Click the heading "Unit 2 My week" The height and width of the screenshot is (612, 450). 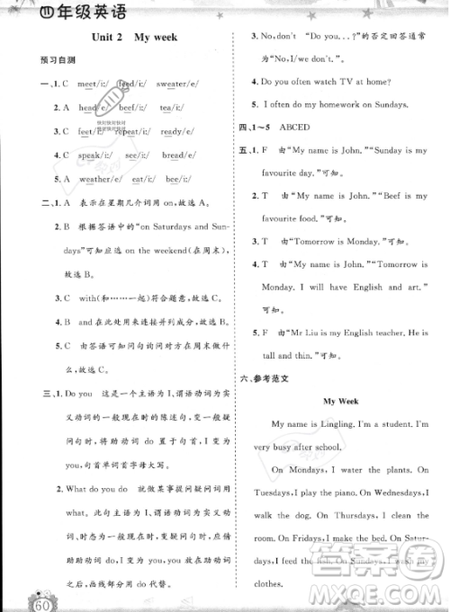(136, 37)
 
